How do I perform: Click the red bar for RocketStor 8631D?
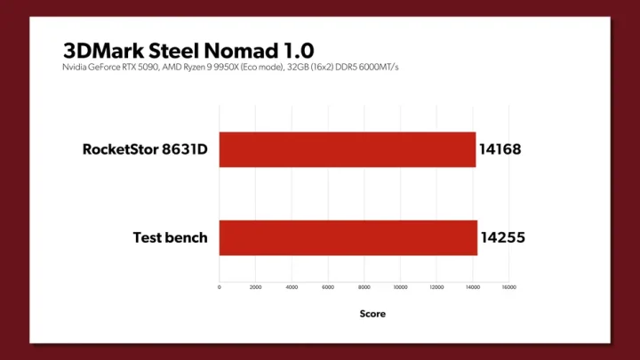tap(347, 149)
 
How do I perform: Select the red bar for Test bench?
tap(348, 237)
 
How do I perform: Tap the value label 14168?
tap(501, 149)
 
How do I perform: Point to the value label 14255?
tap(503, 237)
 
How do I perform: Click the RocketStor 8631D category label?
tap(145, 149)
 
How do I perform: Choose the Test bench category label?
tap(170, 237)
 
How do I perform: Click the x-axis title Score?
tap(372, 314)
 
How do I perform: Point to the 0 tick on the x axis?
tap(220, 287)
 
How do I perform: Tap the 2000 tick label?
tap(255, 287)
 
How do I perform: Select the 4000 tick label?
tap(292, 287)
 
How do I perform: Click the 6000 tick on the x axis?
tap(328, 287)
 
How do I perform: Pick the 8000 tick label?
tap(364, 287)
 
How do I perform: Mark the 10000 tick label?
tap(400, 287)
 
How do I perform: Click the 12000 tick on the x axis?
tap(436, 287)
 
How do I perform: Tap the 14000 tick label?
tap(473, 287)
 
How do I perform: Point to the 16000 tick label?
tap(508, 287)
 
